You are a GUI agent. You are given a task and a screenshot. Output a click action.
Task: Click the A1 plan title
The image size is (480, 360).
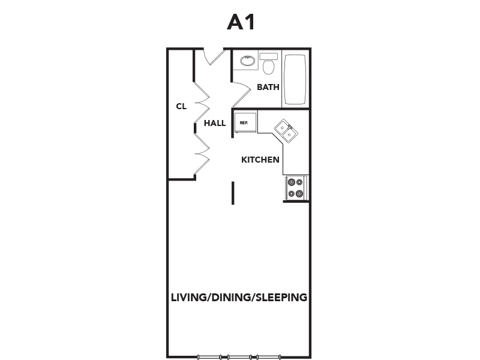(241, 22)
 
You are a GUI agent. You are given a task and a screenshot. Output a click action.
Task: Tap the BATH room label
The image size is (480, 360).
(268, 87)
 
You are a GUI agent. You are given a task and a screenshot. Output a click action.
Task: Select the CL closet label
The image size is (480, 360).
(181, 106)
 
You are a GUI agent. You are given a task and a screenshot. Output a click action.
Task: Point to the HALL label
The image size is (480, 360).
(215, 123)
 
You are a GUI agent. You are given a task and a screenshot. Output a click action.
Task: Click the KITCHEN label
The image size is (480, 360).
(260, 160)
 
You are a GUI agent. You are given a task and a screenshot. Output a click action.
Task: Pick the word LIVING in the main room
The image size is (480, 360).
(188, 297)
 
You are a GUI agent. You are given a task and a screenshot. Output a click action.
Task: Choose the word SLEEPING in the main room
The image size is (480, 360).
(281, 297)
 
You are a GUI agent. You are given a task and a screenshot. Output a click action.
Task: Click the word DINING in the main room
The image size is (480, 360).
(231, 297)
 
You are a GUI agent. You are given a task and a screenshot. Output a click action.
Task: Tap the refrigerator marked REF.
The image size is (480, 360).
(245, 122)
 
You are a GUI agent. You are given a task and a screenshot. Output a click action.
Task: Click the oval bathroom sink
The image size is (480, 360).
(248, 61)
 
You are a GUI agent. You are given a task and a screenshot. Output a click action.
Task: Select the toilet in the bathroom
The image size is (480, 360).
(268, 64)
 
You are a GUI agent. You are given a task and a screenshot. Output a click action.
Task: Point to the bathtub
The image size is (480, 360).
(295, 80)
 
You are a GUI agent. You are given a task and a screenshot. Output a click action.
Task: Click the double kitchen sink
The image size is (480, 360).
(286, 131)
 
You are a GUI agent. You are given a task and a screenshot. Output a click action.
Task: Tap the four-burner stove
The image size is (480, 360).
(295, 188)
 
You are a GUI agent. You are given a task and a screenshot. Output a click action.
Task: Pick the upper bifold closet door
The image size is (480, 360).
(202, 103)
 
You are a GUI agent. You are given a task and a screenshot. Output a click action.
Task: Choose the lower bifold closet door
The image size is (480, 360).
(202, 154)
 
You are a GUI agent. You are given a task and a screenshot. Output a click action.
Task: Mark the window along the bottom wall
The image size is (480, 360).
(239, 357)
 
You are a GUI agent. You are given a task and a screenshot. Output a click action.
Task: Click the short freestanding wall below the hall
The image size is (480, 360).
(233, 193)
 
